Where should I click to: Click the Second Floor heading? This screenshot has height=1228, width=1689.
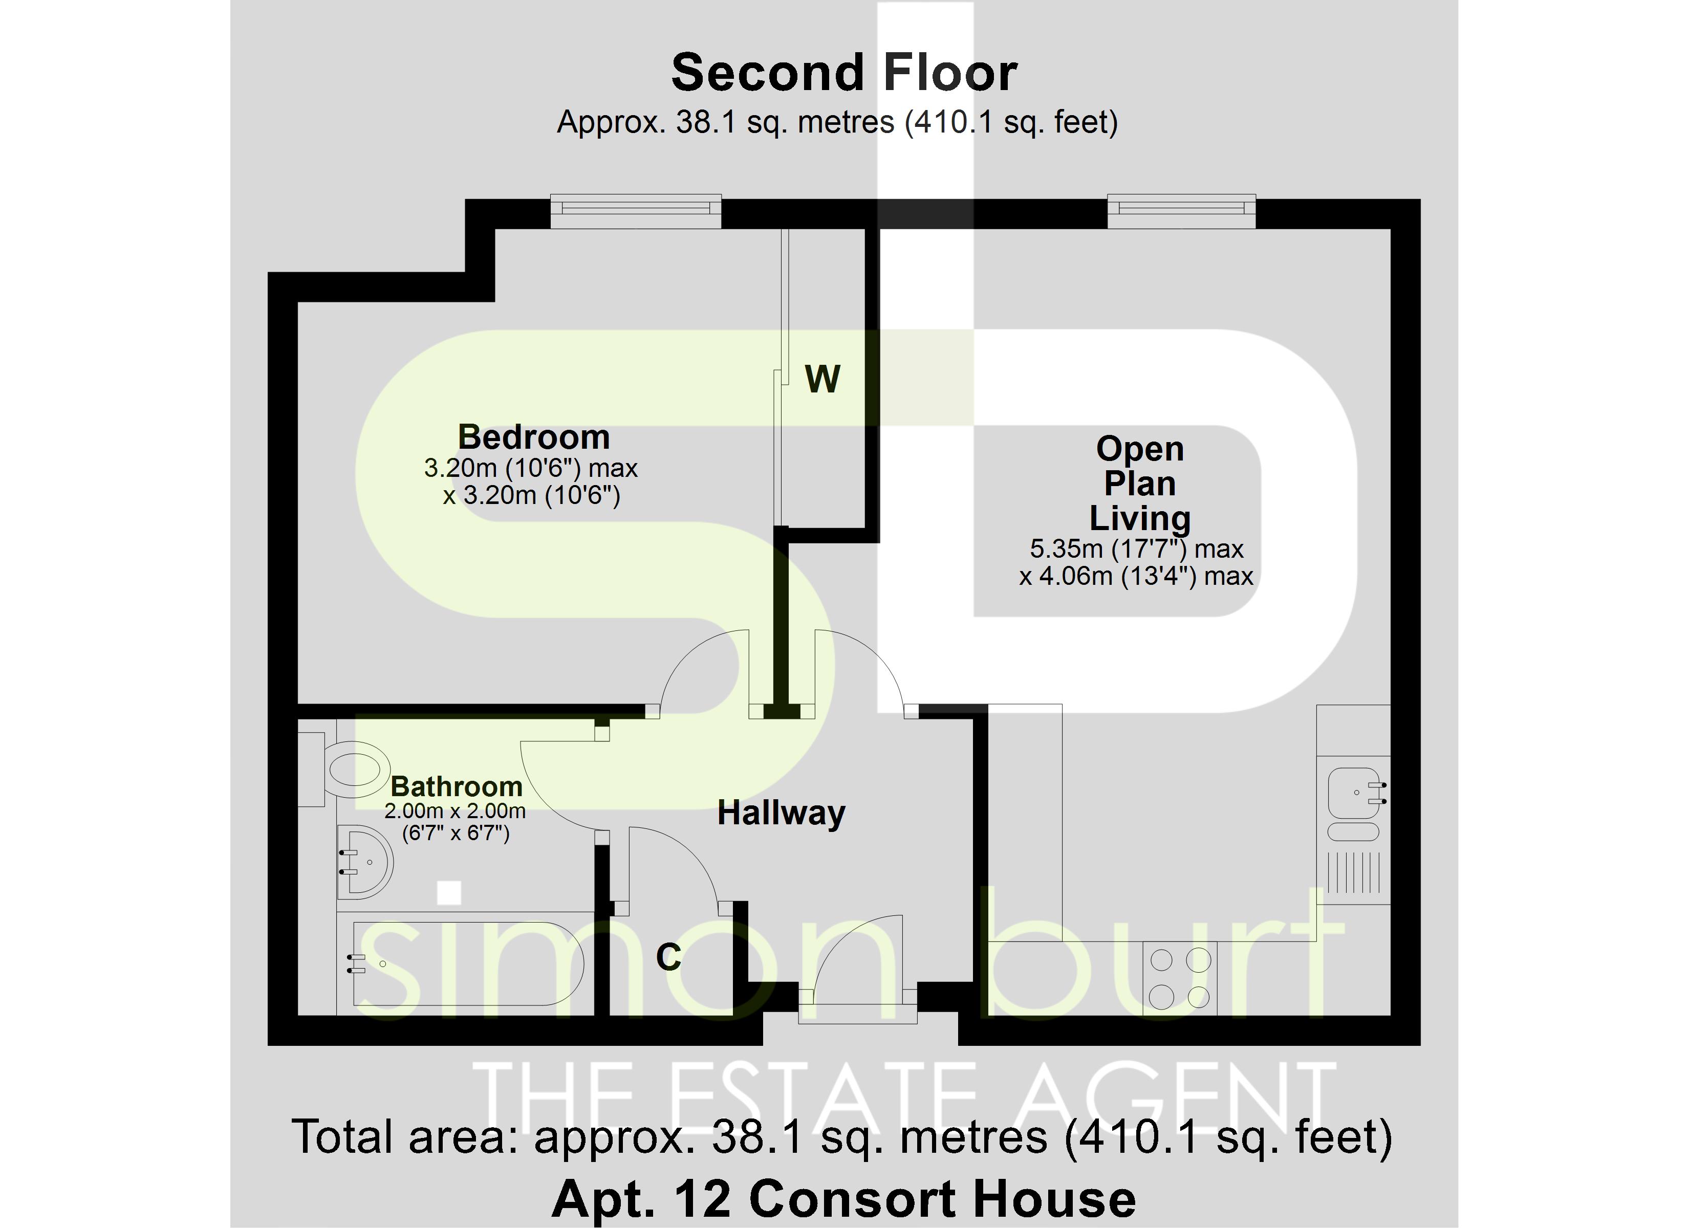coord(844,73)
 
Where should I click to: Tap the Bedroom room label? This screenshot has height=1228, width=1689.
coord(533,437)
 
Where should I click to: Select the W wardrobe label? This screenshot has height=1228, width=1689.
coord(822,379)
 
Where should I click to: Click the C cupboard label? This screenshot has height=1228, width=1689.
coord(668,957)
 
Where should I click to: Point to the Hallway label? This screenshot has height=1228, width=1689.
coord(781,813)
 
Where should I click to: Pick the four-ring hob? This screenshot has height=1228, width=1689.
coord(1180,978)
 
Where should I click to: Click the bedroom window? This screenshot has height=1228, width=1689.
coord(635,211)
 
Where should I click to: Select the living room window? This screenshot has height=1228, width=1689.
coord(1181,211)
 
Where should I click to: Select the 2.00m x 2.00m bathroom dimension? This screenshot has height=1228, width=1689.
coord(454,811)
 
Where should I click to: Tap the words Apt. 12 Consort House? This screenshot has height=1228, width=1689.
coord(844,1199)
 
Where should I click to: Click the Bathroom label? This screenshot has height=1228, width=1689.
coord(457,786)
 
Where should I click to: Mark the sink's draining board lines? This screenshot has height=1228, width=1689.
coord(1353,873)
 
